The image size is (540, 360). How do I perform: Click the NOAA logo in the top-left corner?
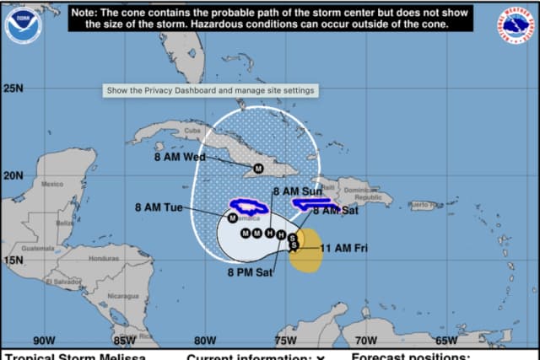tap(22, 24)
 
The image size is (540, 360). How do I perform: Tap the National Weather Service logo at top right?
tap(516, 24)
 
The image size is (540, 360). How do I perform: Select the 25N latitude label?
tap(13, 89)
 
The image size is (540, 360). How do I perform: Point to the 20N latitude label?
tap(13, 175)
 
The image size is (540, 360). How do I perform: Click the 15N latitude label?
tap(13, 260)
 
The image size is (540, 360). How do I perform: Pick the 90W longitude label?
tap(44, 341)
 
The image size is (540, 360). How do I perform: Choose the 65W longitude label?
tap(445, 341)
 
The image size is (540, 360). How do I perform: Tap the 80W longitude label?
tap(205, 341)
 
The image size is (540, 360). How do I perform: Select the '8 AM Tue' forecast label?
tap(159, 207)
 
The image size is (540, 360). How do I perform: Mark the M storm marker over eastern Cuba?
tap(259, 169)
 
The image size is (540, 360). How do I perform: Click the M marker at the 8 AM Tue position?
tap(232, 218)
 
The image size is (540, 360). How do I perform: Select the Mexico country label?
tap(52, 184)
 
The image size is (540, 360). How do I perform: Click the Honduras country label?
tap(104, 258)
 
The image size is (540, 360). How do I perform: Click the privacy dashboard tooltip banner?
tap(210, 90)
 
